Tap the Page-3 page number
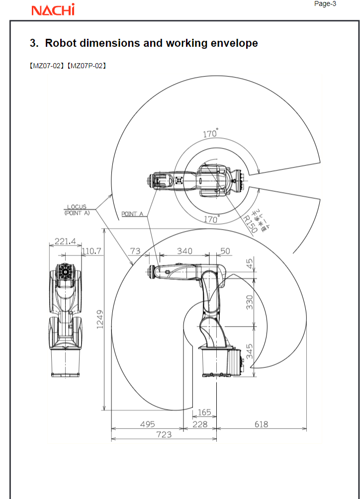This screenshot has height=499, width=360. point(326,4)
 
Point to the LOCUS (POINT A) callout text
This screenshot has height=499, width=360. point(77,209)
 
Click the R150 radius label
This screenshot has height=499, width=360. point(250,224)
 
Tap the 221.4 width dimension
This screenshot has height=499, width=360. point(65,242)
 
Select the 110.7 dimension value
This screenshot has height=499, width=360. point(92,251)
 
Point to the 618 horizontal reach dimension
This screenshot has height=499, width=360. point(261,424)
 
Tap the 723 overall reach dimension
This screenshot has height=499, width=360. point(164,434)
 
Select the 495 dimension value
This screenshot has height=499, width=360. point(147,424)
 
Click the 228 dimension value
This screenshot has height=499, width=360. point(200,424)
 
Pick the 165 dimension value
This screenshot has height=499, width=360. point(204,413)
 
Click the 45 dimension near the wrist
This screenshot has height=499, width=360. point(250,262)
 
